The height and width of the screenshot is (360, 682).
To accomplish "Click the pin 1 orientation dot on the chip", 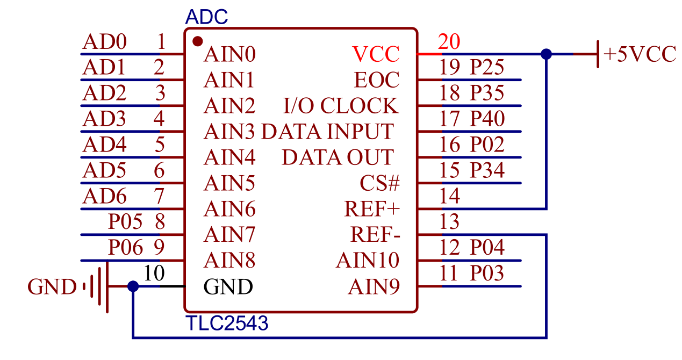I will coord(197,41).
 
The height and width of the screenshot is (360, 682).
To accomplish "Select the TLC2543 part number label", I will coord(226,323).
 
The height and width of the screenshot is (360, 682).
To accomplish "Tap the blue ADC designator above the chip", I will coord(206,17).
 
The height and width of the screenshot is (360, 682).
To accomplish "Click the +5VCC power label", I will coord(640,54).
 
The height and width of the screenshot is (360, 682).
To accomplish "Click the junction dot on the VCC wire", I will coord(546,54).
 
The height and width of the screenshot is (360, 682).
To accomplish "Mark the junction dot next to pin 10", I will coord(133,286).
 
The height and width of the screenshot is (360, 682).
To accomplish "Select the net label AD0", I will coord(104,41).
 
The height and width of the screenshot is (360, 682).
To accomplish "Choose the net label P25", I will coord(487,67).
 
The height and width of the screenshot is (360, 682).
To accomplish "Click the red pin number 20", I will coord(449,41).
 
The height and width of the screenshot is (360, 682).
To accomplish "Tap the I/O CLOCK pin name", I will coord(341,106).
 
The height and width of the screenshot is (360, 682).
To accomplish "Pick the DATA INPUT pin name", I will coord(327,132).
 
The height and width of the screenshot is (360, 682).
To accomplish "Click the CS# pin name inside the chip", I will coord(380,183).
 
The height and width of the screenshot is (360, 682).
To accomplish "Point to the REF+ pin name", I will coord(372,209).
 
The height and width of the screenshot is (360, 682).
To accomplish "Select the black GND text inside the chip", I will coord(228,287).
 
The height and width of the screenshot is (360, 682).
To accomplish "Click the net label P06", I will coord(126,248).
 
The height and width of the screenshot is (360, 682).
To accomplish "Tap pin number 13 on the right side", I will coord(449,221).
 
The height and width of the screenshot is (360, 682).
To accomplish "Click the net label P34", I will coord(487,170).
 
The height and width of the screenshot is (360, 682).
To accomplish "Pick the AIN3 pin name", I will coord(229,132).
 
